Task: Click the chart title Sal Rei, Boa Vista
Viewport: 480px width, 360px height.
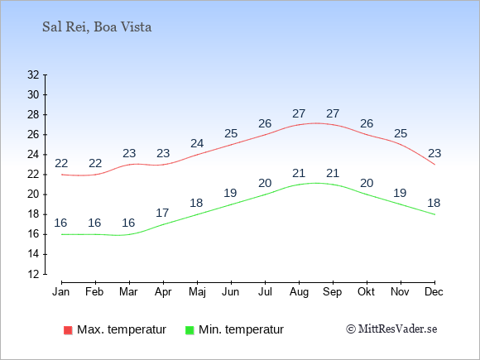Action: [97, 27]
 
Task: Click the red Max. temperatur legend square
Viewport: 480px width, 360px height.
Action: [68, 330]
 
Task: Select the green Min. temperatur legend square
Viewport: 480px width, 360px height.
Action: [190, 330]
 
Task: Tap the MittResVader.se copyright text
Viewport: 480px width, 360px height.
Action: [391, 329]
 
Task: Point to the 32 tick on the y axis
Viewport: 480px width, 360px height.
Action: [33, 74]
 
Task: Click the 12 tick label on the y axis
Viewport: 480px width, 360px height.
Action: [33, 274]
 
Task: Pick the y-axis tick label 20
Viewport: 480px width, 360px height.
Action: [33, 194]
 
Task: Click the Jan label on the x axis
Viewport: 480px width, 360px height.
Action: [61, 292]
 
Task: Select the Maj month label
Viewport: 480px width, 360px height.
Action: [197, 292]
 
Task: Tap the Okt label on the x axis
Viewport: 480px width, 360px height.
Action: [366, 292]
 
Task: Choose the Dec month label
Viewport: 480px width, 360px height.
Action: [434, 292]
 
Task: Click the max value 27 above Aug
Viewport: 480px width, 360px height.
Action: [299, 113]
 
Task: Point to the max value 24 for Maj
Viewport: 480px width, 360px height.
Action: [197, 143]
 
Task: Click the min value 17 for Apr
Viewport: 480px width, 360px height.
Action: [162, 213]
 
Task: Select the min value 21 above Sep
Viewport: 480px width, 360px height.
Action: [333, 173]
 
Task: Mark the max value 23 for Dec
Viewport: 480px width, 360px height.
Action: [434, 153]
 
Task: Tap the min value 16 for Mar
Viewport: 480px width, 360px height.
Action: [128, 223]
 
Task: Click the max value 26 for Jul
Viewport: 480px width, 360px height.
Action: [265, 123]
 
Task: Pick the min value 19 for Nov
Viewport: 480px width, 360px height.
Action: [400, 193]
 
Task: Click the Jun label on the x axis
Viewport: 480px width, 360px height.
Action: [231, 292]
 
